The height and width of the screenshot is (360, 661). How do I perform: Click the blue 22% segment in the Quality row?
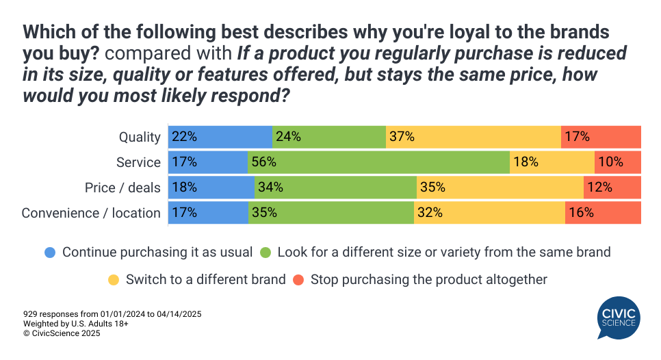pyautogui.click(x=220, y=137)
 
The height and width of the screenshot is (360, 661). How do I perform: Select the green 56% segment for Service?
pyautogui.click(x=378, y=162)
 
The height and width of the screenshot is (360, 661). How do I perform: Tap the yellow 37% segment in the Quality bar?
pyautogui.click(x=473, y=137)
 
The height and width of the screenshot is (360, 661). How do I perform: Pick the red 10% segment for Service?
pyautogui.click(x=618, y=162)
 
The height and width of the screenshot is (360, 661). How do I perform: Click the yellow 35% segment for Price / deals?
pyautogui.click(x=500, y=188)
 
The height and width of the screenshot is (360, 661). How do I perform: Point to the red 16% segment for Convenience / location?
pyautogui.click(x=603, y=213)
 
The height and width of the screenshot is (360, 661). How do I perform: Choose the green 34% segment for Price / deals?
pyautogui.click(x=335, y=188)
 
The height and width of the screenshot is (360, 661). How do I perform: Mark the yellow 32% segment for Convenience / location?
pyautogui.click(x=489, y=213)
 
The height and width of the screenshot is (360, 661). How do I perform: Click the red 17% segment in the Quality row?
pyautogui.click(x=601, y=137)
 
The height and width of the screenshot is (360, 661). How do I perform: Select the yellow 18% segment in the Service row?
pyautogui.click(x=552, y=162)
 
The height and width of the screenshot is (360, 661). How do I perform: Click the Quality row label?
pyautogui.click(x=140, y=137)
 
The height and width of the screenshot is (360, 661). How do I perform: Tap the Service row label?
pyautogui.click(x=139, y=162)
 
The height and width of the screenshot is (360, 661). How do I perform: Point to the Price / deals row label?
pyautogui.click(x=122, y=188)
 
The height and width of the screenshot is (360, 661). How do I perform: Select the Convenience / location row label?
pyautogui.click(x=91, y=213)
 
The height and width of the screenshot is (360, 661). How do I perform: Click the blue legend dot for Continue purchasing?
pyautogui.click(x=50, y=252)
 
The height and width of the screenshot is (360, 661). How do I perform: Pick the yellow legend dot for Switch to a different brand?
pyautogui.click(x=114, y=279)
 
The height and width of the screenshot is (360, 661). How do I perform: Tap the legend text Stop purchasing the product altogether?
pyautogui.click(x=429, y=279)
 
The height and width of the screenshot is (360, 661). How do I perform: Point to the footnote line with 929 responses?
pyautogui.click(x=112, y=313)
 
